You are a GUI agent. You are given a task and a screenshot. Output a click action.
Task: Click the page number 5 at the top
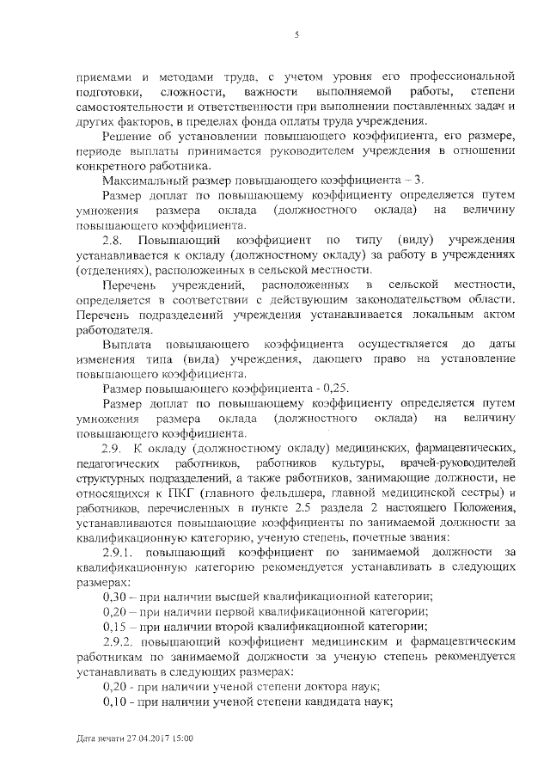pos(296,35)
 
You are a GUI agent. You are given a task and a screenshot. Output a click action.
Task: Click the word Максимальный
pos(140,180)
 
